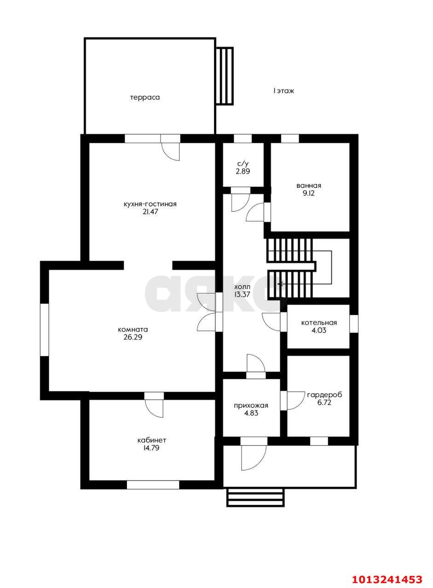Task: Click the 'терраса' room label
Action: point(144,97)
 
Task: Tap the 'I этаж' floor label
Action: point(283,91)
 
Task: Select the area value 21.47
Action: point(150,212)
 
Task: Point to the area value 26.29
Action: point(133,337)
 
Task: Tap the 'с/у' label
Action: point(243,164)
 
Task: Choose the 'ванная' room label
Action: point(309,186)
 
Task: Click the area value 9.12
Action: point(309,193)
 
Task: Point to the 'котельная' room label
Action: point(319,322)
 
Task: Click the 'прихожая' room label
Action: point(251,405)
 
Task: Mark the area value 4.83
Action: point(251,413)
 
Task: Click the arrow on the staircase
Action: point(281,284)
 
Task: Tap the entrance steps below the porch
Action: point(255,497)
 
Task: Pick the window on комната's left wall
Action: point(44,329)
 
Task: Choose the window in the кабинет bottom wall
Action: point(153,484)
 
